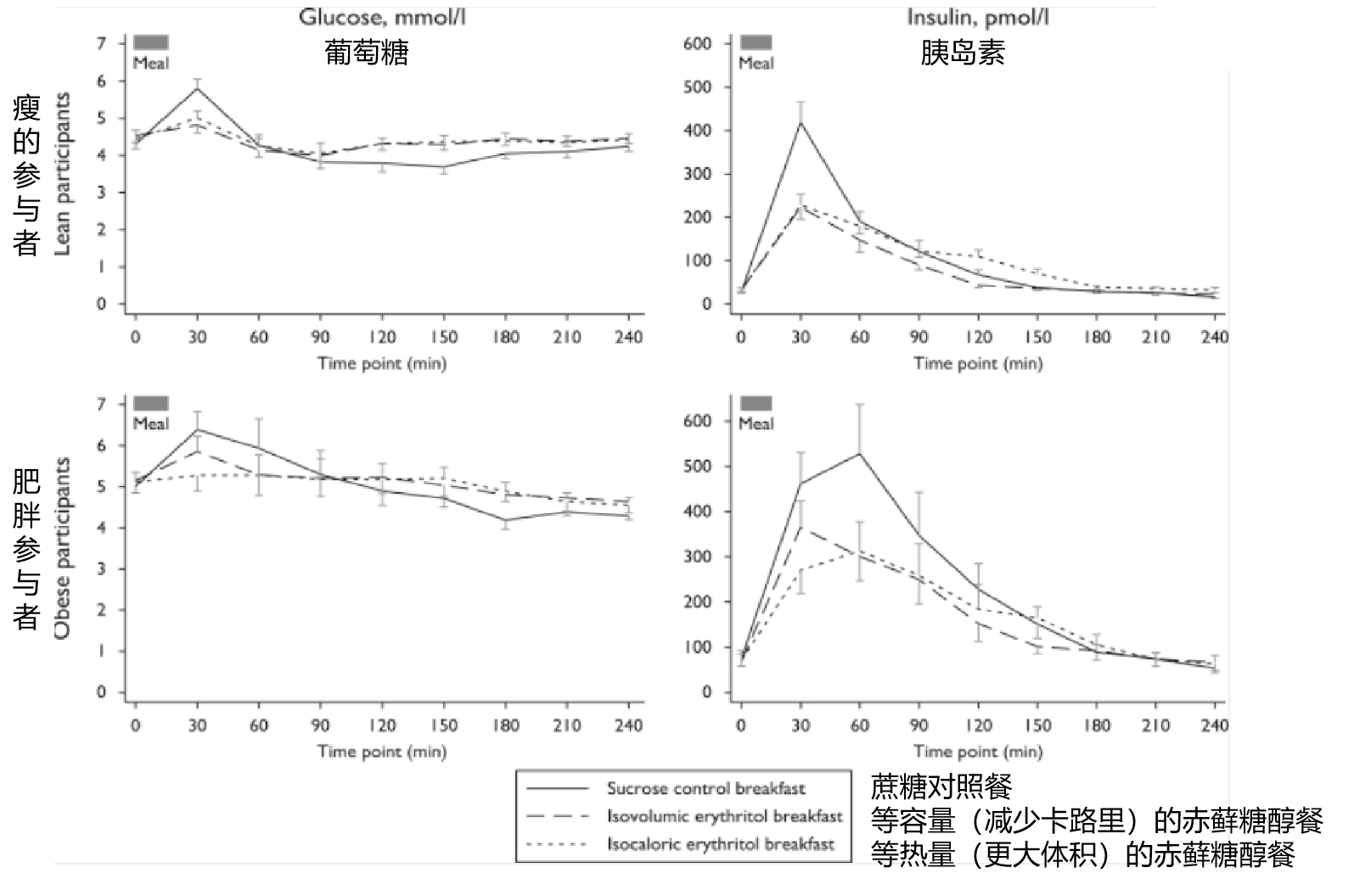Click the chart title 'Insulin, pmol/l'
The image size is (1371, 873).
coord(977,16)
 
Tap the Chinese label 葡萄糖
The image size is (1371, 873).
coord(367,53)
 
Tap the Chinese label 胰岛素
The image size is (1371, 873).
coord(963,53)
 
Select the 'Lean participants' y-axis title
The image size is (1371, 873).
coord(62,173)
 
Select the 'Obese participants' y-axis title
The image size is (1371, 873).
coord(62,548)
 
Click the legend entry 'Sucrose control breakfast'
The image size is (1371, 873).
coord(705,788)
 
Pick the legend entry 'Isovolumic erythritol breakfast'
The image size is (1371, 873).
coord(724,816)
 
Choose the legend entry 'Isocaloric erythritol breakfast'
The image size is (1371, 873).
coord(720,844)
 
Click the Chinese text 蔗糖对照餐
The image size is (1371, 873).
coord(941,787)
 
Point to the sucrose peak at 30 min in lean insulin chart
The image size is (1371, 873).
coord(800,122)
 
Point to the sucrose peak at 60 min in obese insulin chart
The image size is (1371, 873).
coord(859,453)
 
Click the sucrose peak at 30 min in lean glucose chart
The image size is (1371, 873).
coord(197,88)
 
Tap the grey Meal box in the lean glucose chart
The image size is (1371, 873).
coord(151,42)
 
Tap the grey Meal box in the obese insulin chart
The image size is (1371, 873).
coord(756,403)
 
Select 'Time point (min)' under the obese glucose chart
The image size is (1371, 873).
coord(382,751)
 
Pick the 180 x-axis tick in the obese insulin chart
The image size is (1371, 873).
coord(1096,725)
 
